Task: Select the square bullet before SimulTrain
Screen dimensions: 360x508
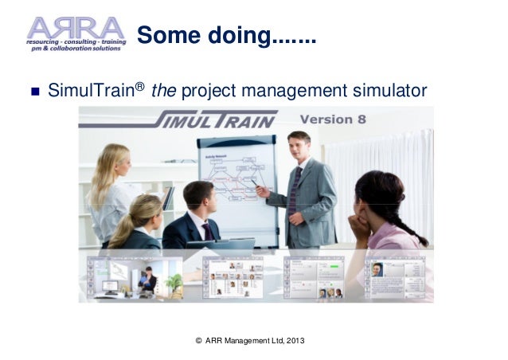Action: tap(33, 88)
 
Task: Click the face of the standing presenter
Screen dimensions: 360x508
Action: tap(299, 147)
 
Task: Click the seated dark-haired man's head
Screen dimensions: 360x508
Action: tap(198, 198)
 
